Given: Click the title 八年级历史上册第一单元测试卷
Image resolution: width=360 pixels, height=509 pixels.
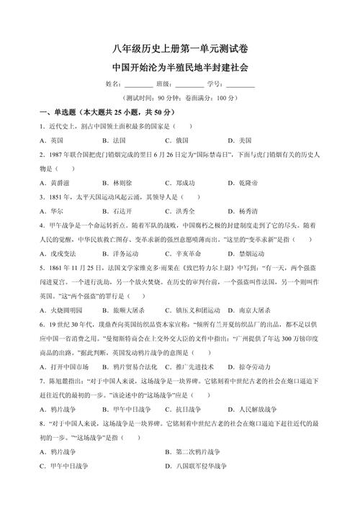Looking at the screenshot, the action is click(x=181, y=48).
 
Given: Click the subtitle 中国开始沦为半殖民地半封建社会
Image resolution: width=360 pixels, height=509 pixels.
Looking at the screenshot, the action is click(x=181, y=66).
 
